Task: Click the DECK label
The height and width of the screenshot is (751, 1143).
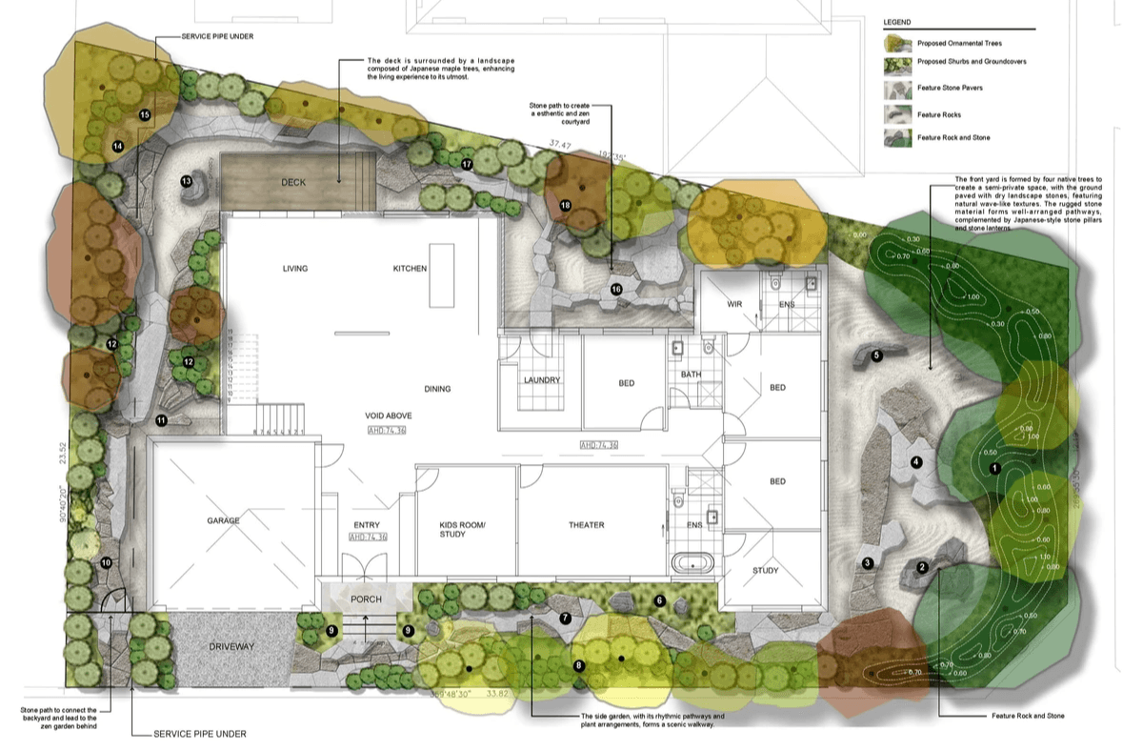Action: (x=293, y=182)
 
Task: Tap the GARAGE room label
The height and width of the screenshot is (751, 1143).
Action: (x=223, y=521)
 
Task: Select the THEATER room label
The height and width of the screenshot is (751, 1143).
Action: (x=587, y=525)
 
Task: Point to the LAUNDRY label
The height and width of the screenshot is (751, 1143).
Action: (x=541, y=380)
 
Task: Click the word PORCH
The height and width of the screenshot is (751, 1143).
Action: (x=366, y=599)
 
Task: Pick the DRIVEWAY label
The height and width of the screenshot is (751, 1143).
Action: (x=232, y=647)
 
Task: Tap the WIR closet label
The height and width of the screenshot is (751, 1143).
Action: (x=734, y=304)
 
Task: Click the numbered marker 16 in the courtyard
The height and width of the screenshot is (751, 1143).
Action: (x=616, y=289)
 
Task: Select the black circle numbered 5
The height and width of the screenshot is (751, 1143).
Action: (x=876, y=355)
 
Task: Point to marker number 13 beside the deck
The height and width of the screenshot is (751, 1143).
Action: (x=187, y=181)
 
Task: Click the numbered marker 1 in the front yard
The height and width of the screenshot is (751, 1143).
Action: (x=994, y=468)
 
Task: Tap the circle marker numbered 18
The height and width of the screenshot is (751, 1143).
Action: (x=566, y=205)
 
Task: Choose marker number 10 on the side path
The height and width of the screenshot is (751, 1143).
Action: (x=106, y=563)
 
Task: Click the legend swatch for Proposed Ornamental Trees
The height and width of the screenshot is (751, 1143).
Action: (x=898, y=43)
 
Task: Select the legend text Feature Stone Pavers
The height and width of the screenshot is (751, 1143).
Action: (x=949, y=89)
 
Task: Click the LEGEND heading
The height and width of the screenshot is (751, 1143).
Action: (x=896, y=21)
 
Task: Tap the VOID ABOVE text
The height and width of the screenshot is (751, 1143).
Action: (x=390, y=416)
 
